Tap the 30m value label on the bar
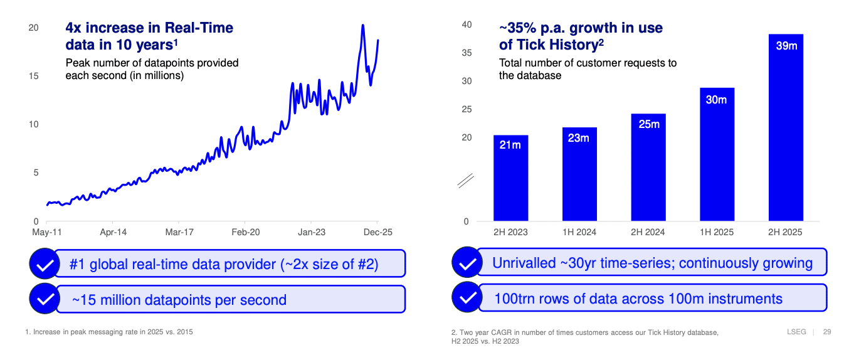click(716, 100)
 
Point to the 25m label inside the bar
click(648, 124)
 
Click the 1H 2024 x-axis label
click(579, 232)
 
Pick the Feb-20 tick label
click(245, 232)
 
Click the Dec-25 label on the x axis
click(378, 232)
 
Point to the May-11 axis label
click(46, 232)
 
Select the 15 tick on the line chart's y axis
click(34, 76)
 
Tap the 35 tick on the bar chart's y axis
click(467, 53)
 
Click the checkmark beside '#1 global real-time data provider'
click(45, 264)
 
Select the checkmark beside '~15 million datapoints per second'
click(45, 299)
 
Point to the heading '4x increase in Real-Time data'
click(149, 36)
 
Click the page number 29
click(826, 332)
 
